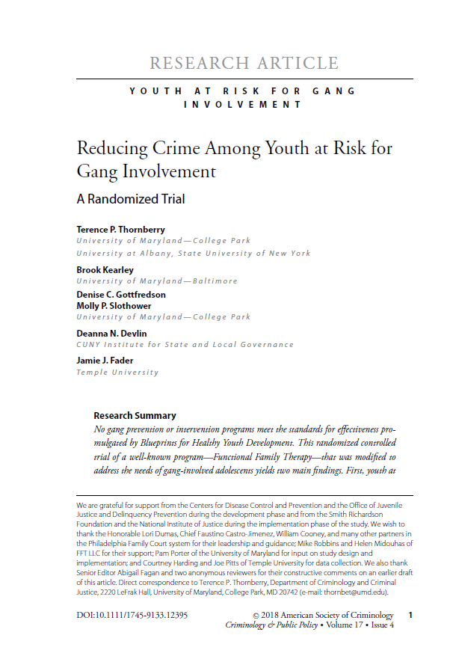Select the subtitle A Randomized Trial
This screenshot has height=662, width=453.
click(131, 199)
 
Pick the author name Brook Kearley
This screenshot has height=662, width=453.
click(106, 269)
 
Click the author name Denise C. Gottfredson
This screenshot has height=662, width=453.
click(121, 294)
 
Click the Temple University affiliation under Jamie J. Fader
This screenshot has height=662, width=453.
click(117, 372)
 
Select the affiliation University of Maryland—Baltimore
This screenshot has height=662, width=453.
click(157, 281)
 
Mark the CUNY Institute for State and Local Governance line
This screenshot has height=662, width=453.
click(185, 345)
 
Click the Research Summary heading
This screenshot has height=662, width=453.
click(135, 415)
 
